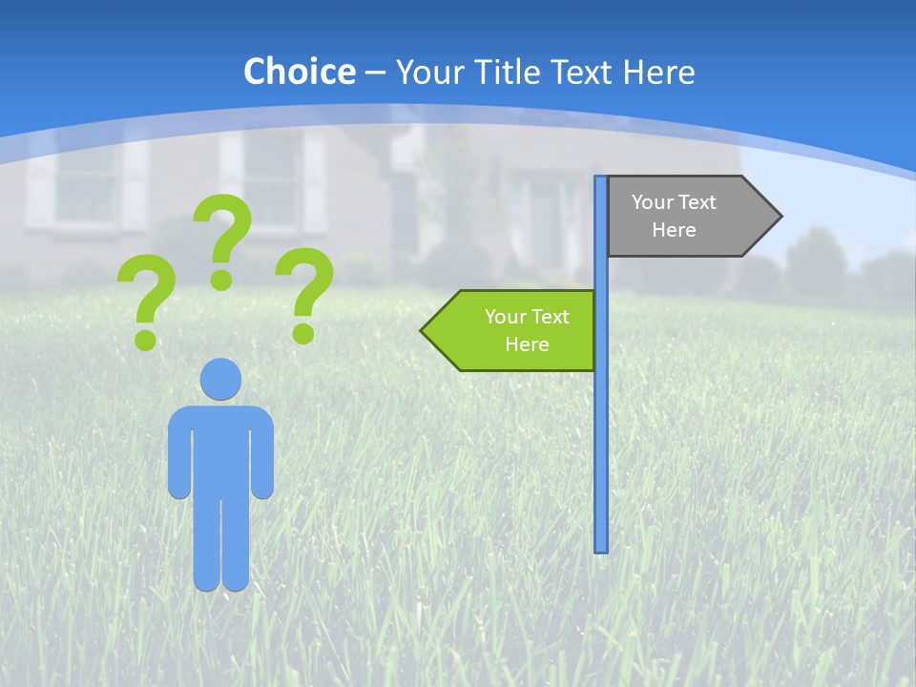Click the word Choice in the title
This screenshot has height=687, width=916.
click(299, 72)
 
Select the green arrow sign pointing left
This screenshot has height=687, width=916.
click(515, 330)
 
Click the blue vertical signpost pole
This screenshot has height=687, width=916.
click(601, 429)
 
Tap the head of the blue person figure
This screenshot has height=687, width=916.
click(220, 379)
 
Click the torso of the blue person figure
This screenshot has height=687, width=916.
click(220, 448)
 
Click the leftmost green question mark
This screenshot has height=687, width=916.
click(146, 296)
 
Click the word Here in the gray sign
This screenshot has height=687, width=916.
click(674, 230)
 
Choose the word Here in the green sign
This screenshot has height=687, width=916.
click(527, 344)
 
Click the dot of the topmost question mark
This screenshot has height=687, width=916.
click(221, 280)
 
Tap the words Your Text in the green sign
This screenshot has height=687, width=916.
click(527, 317)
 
